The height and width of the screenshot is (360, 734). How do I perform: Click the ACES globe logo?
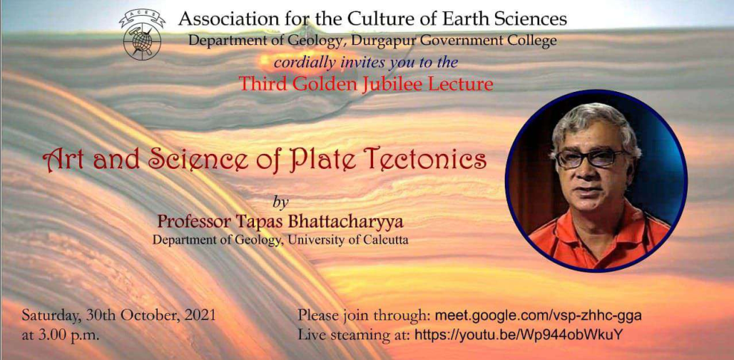coord(142,35)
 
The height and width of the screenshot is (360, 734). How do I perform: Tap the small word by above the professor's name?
coord(280,203)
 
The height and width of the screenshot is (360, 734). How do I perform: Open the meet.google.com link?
coord(538,316)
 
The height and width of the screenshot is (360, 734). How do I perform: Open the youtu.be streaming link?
coord(519,335)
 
